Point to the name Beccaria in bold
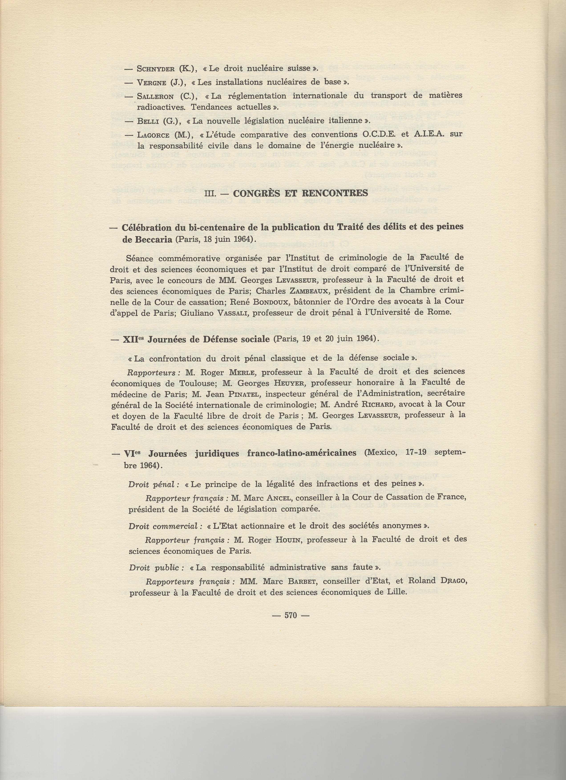pos(147,240)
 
